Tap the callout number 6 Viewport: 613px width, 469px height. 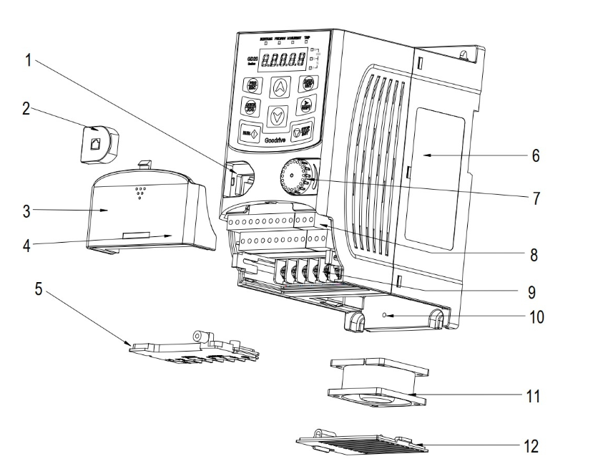(x=536, y=155)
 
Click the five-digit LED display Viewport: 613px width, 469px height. (x=285, y=61)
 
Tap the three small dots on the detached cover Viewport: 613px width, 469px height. (x=140, y=193)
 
